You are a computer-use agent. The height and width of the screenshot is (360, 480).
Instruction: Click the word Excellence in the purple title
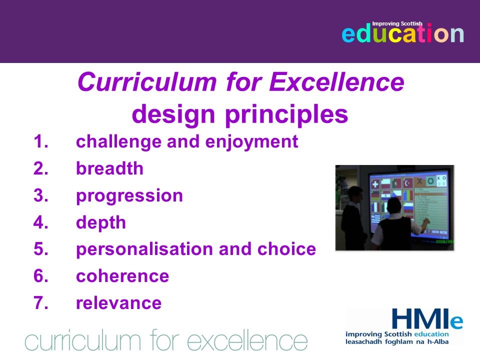point(336,81)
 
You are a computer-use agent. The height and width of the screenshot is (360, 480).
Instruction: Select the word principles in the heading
point(286,115)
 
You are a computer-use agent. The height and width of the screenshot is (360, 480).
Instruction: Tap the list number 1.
point(40,141)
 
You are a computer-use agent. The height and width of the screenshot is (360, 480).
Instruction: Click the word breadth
point(109,168)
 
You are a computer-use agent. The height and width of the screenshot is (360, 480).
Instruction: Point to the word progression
point(129,196)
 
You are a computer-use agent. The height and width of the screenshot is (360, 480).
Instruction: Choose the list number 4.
point(40,222)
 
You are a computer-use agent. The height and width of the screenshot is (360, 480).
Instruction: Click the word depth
point(101,223)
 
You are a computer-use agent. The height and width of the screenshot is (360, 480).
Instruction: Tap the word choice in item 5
point(287,249)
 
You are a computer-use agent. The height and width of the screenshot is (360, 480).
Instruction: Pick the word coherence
point(122,276)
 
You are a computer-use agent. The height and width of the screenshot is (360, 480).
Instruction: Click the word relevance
point(119,303)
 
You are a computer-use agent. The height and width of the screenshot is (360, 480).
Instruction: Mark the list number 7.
point(40,303)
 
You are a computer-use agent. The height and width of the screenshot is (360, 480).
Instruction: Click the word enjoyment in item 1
point(251,142)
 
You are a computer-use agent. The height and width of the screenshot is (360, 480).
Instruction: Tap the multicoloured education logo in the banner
point(402,32)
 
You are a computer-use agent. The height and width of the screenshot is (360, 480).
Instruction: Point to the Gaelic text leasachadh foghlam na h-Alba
point(397,341)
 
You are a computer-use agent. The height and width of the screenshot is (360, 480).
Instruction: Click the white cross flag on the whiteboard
point(375,184)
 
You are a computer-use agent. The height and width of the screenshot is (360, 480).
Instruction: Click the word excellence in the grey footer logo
point(247,340)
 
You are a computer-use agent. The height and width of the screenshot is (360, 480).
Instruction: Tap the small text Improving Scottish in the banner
point(397,23)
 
